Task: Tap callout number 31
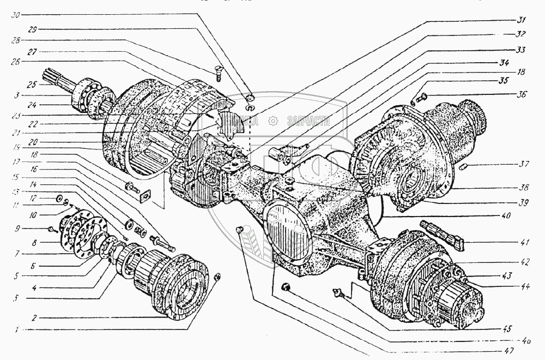pyautogui.click(x=522, y=21)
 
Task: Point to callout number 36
pyautogui.click(x=522, y=94)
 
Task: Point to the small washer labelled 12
pyautogui.click(x=59, y=196)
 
